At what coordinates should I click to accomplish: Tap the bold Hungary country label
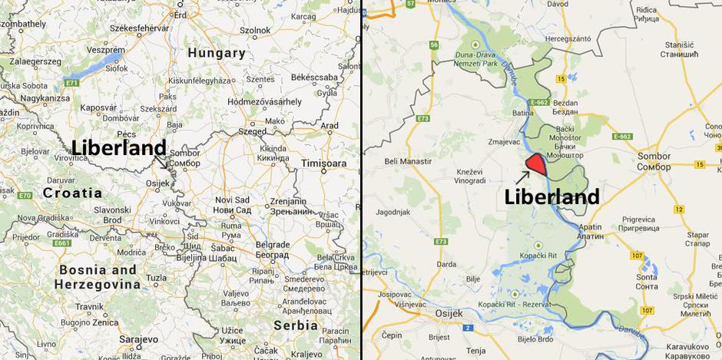217,54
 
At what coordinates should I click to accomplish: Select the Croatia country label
73,193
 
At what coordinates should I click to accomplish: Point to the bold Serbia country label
296,325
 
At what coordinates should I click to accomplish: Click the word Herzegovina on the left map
98,285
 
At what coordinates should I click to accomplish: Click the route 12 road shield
678,210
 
